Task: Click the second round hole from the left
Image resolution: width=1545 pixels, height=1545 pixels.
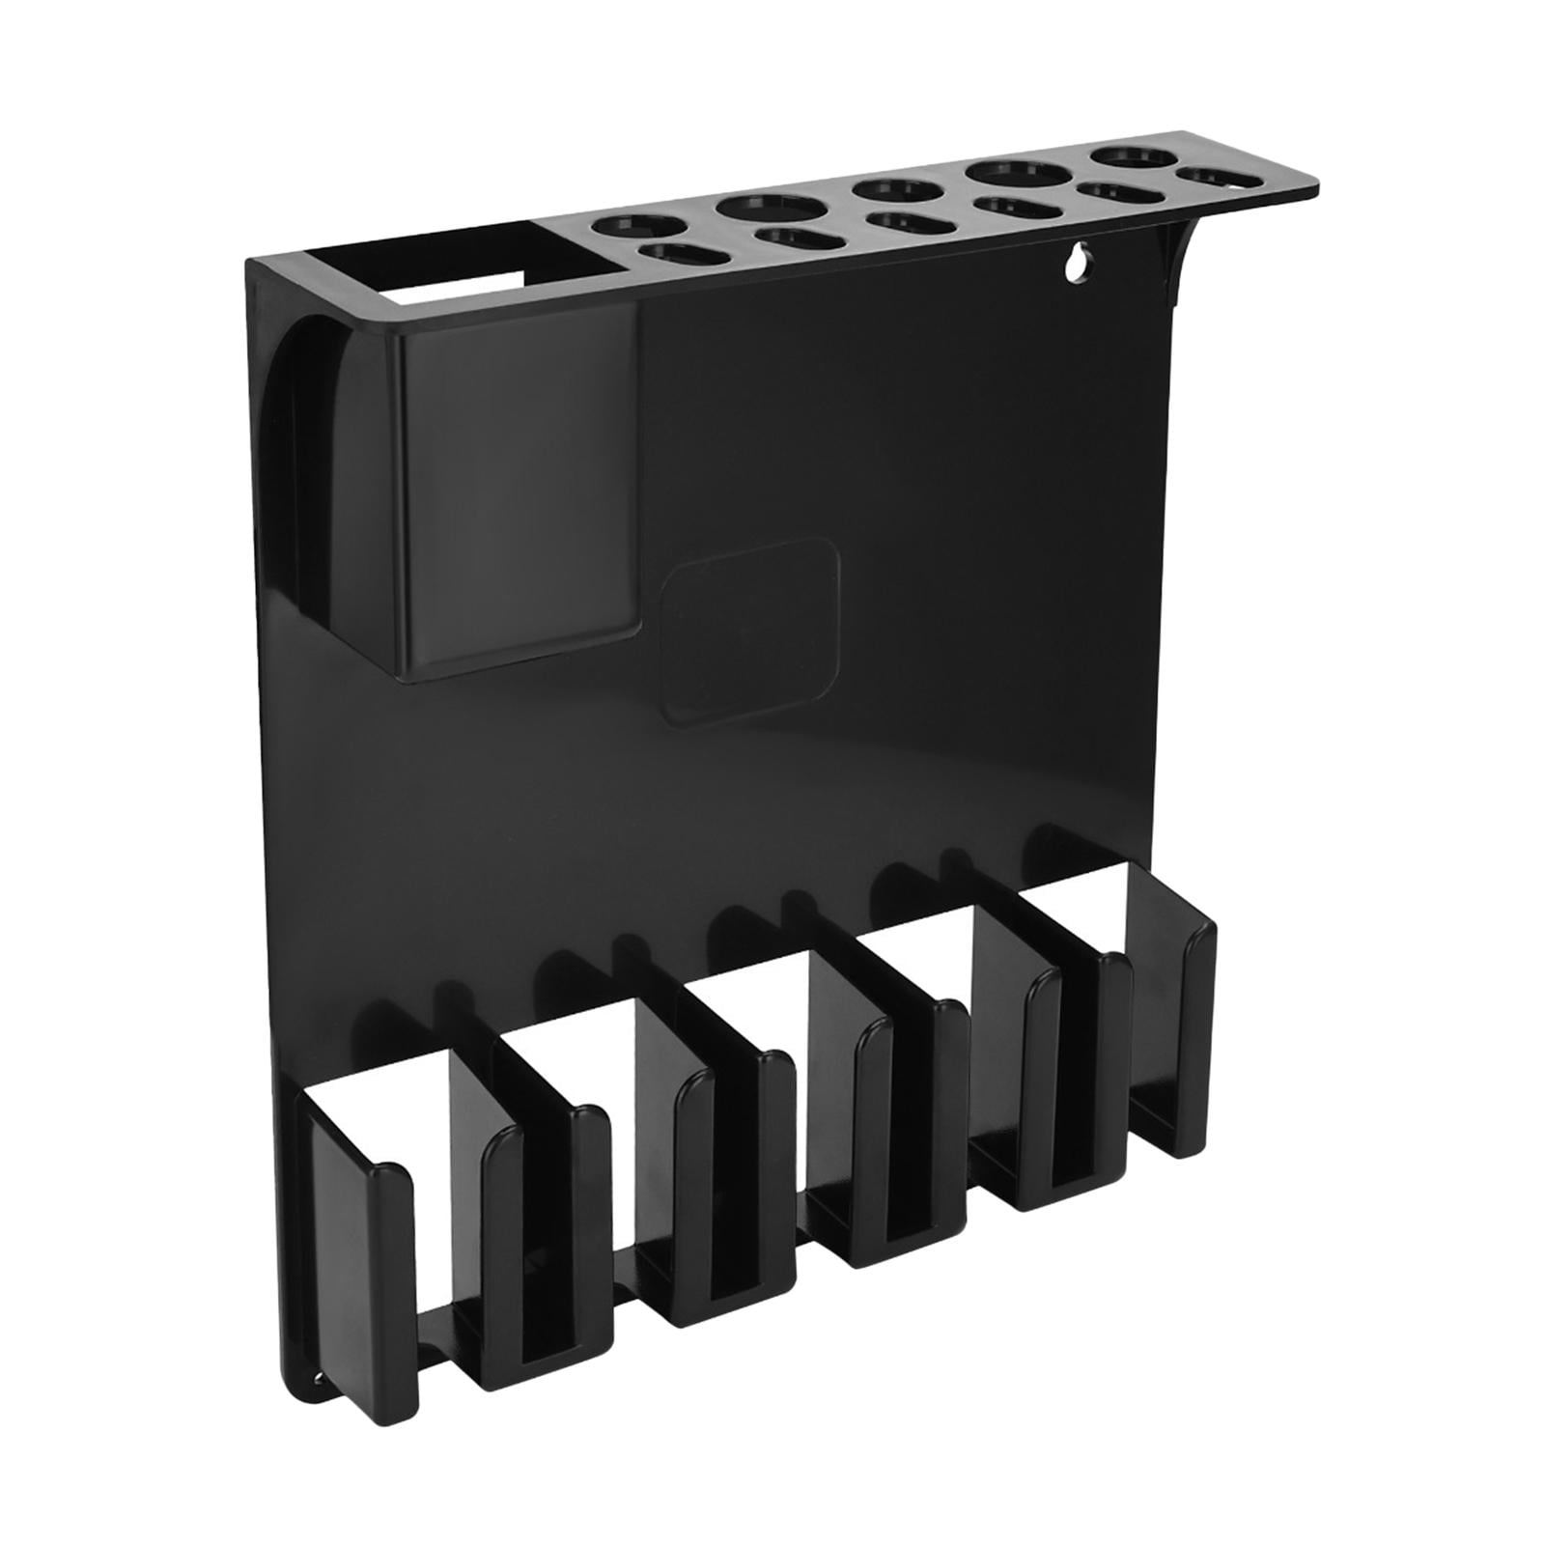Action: [768, 207]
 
